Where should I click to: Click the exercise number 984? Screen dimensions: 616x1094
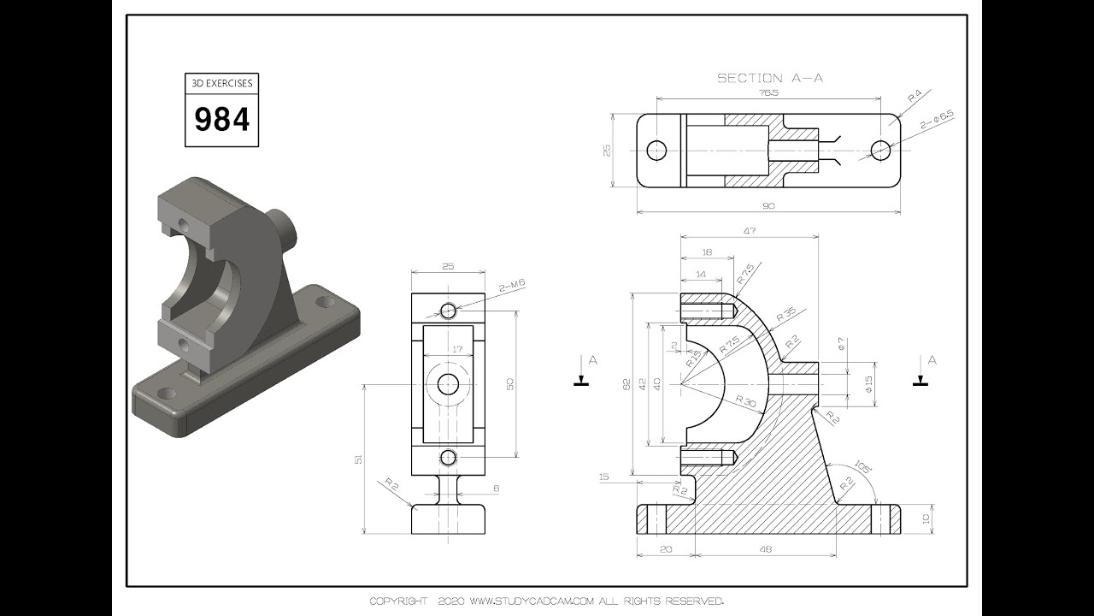tap(222, 119)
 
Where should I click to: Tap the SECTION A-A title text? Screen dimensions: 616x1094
tap(769, 78)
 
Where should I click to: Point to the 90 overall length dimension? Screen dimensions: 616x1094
tap(768, 205)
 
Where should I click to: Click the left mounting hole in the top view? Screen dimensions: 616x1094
tap(656, 151)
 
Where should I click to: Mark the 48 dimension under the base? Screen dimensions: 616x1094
tap(765, 549)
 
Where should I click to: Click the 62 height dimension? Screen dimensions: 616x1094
tap(626, 385)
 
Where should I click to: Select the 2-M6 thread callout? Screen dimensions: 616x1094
tap(511, 287)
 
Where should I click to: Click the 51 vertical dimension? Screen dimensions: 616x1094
tap(357, 459)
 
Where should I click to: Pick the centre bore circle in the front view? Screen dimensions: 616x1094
tap(448, 384)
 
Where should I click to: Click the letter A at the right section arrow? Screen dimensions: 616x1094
tap(932, 360)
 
